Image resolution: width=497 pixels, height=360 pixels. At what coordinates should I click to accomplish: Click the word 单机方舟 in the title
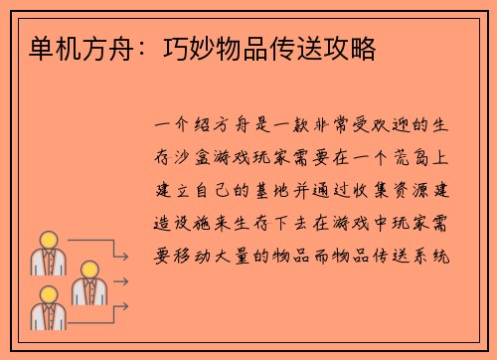click(62, 46)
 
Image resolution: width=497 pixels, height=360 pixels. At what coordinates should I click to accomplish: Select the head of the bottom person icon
click(48, 296)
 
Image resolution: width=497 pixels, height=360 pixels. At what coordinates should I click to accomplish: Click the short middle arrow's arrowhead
click(126, 281)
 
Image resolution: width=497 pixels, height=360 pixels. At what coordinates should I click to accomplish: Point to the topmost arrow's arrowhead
click(126, 258)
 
